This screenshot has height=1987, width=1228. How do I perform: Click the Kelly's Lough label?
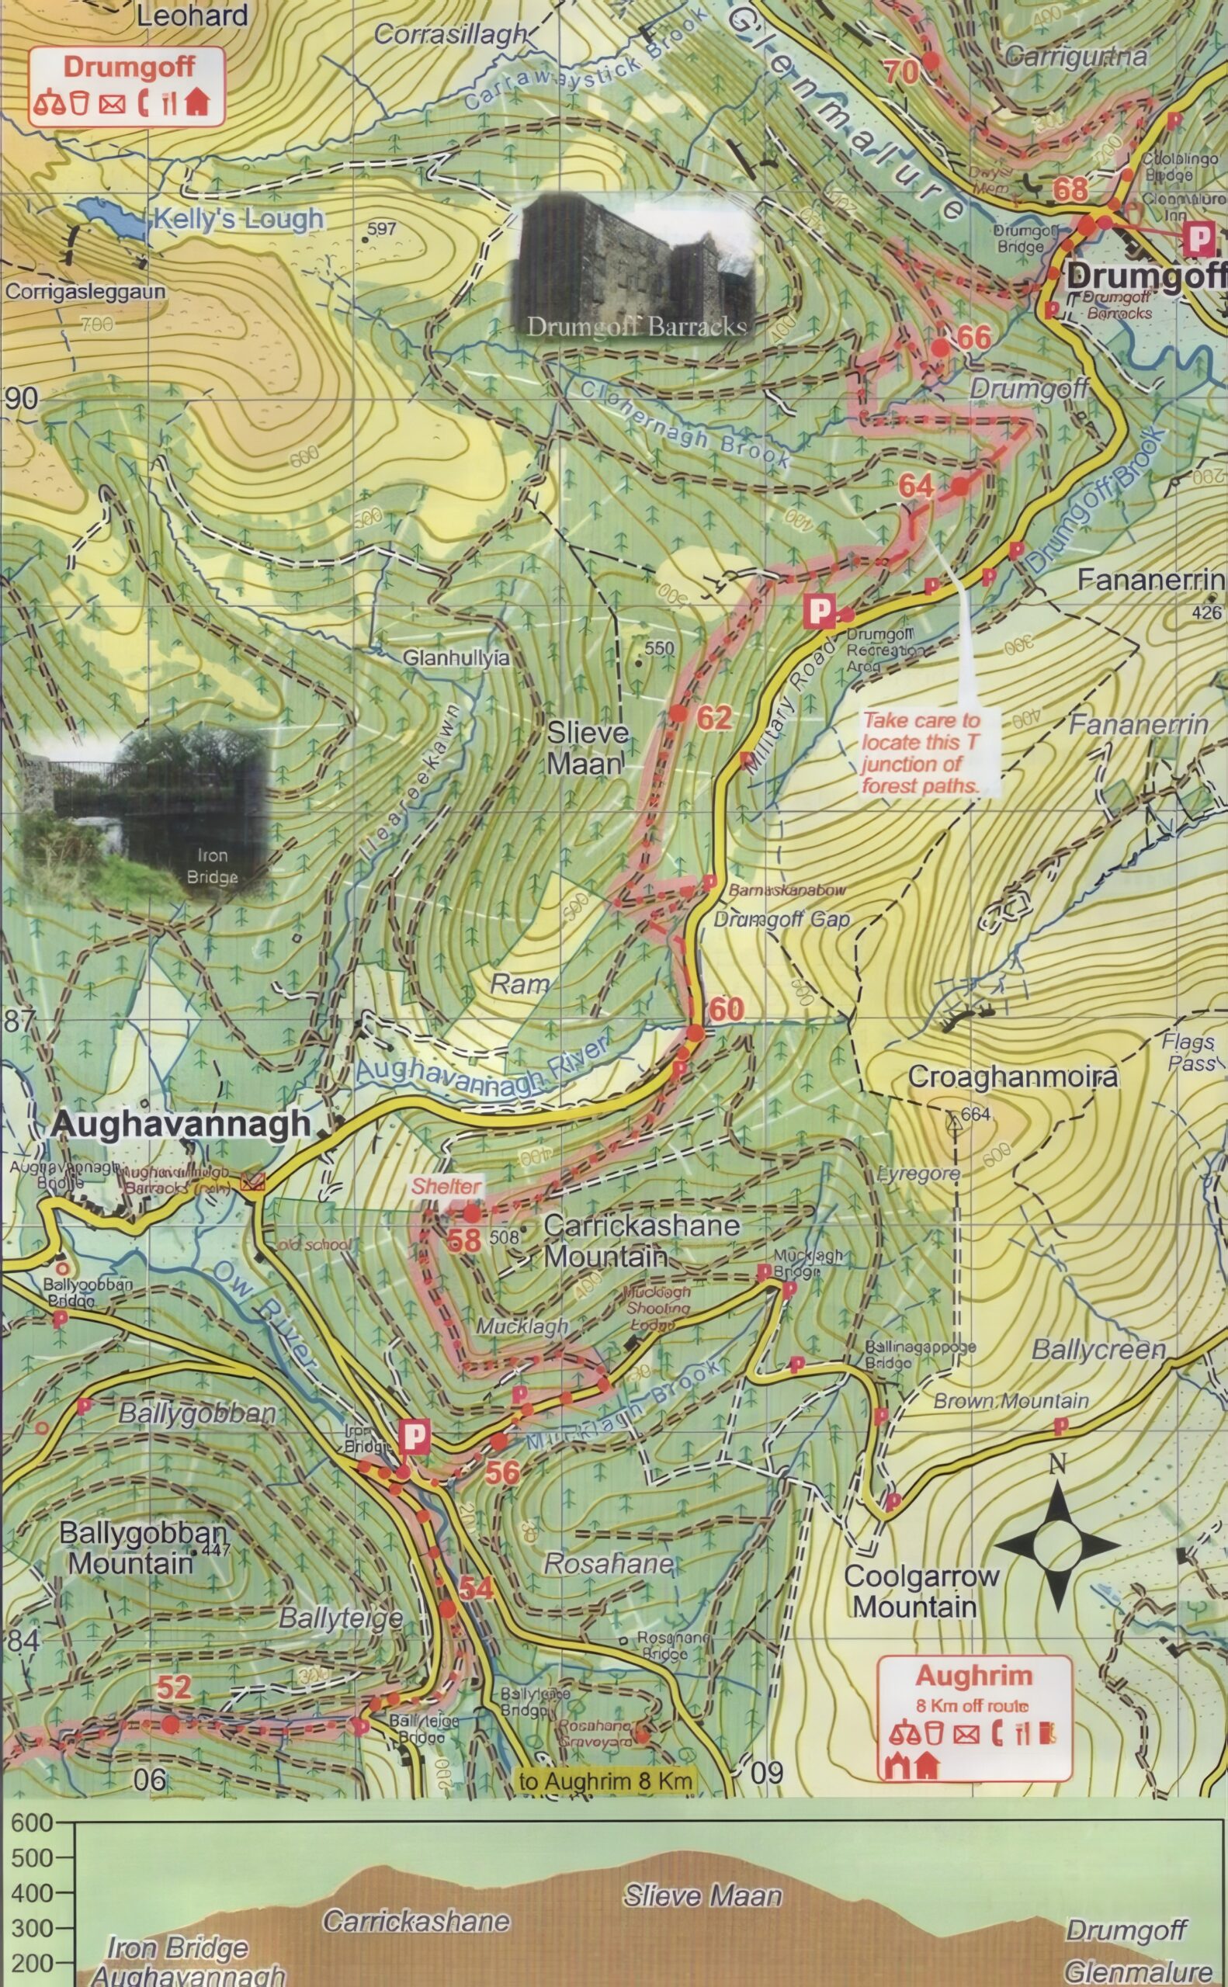(x=238, y=218)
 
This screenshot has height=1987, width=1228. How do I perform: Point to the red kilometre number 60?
(x=726, y=1009)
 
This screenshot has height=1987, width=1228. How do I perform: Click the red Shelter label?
(x=445, y=1186)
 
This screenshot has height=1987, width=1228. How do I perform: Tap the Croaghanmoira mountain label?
(x=1012, y=1077)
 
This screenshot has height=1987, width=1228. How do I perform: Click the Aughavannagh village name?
(x=180, y=1124)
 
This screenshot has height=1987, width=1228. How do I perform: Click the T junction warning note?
(x=921, y=753)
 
